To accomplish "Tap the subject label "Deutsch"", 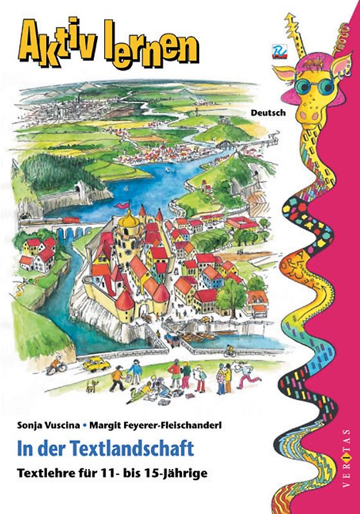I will coord(267,111).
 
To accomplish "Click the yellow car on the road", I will coord(95,364).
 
